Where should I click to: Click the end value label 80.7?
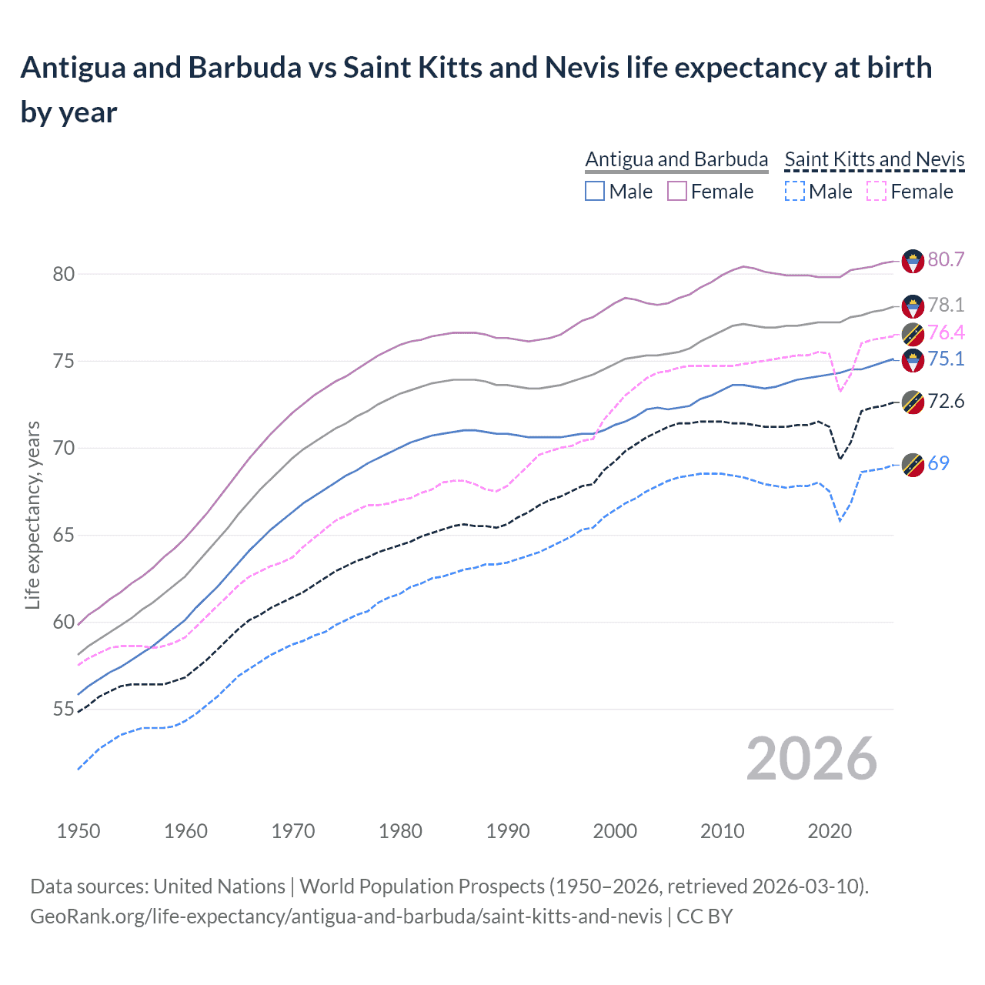(946, 260)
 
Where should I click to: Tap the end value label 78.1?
(946, 306)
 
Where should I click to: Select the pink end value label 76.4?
(946, 333)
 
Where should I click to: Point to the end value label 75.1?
(946, 359)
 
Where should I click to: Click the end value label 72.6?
(946, 402)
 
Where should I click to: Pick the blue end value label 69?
(938, 463)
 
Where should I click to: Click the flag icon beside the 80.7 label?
(913, 261)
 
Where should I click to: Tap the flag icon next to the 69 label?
(913, 465)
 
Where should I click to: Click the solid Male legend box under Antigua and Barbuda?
(595, 191)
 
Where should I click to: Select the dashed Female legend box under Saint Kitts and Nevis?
(876, 191)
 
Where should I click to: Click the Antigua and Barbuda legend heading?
(676, 159)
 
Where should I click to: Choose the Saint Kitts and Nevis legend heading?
(874, 159)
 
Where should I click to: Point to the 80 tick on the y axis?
(63, 274)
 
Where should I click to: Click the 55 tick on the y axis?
(63, 710)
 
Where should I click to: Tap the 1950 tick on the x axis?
(78, 831)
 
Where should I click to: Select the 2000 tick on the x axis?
(615, 831)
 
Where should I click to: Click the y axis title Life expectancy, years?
(32, 515)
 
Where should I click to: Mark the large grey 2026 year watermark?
(811, 759)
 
